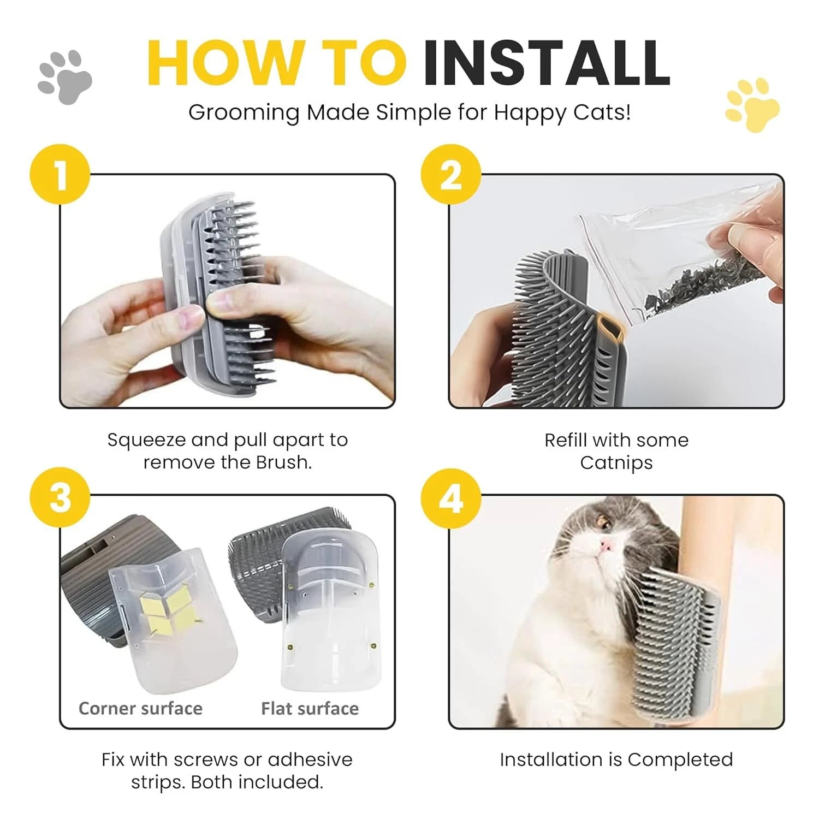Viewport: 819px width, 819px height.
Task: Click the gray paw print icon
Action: point(65,77)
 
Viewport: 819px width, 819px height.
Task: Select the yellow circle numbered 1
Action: point(60,174)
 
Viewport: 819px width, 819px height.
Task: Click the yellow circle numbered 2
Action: point(451,174)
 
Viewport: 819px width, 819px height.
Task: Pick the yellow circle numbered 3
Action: point(60,497)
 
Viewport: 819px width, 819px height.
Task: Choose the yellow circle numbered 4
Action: point(451,497)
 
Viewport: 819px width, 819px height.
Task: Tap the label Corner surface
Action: point(140,708)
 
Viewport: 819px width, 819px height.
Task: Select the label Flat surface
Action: point(310,708)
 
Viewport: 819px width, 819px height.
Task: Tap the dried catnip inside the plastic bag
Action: point(704,284)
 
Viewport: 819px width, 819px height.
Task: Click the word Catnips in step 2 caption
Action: point(616,462)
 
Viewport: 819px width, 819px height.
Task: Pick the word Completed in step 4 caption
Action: point(680,759)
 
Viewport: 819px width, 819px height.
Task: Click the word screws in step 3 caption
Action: point(210,759)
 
